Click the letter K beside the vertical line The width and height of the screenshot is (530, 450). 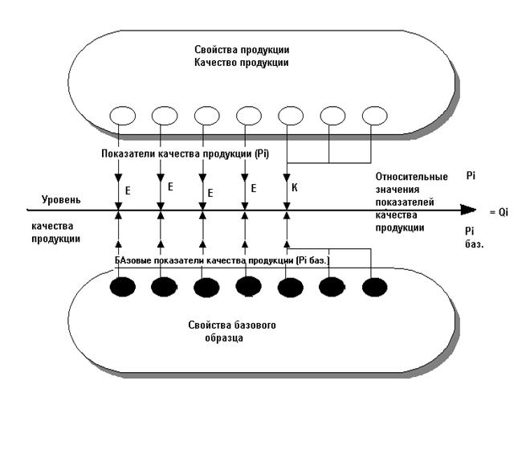296,189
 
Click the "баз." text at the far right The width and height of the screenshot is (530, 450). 475,242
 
